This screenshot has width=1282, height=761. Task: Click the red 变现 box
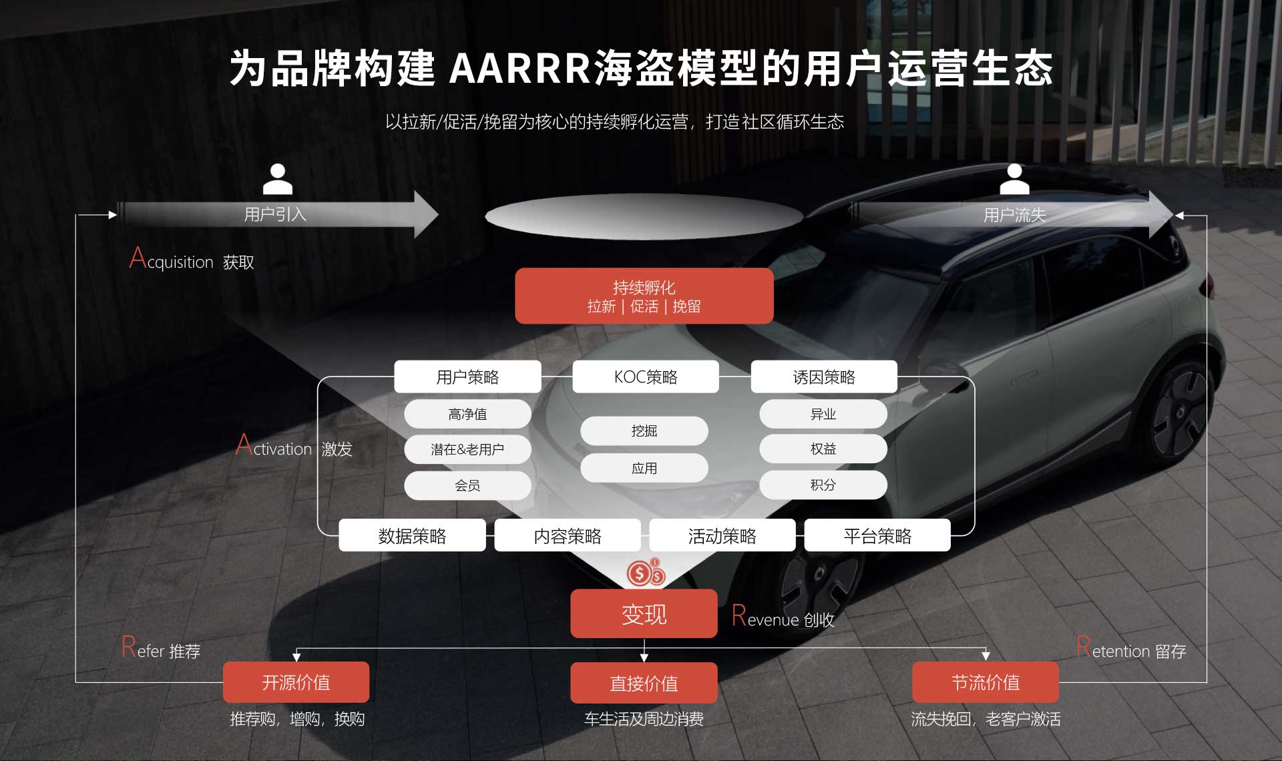click(x=644, y=613)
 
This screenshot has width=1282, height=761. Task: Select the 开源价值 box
click(x=296, y=682)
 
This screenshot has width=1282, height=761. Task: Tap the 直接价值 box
click(x=644, y=683)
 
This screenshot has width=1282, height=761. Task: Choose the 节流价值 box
click(x=985, y=682)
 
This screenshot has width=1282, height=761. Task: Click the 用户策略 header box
click(x=467, y=377)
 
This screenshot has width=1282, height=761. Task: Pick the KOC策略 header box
click(x=645, y=377)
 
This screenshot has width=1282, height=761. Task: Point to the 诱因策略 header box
click(x=823, y=377)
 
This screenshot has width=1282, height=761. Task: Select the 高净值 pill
click(x=467, y=414)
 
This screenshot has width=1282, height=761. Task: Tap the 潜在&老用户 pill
click(x=467, y=449)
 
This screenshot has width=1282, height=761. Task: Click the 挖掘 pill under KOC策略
click(x=644, y=431)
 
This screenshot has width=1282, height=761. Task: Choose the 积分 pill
click(x=823, y=485)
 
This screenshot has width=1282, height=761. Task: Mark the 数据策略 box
click(x=412, y=535)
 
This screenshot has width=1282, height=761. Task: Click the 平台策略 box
click(x=877, y=535)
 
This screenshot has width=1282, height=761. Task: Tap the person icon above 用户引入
click(x=278, y=179)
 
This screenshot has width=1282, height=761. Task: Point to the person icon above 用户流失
click(x=1014, y=179)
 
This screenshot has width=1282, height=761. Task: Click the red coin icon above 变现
click(x=645, y=572)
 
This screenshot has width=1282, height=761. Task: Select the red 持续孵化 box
click(x=644, y=296)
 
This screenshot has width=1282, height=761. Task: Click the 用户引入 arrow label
click(x=275, y=214)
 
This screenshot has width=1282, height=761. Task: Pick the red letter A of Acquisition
click(x=138, y=258)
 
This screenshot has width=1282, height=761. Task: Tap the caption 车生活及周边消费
click(x=644, y=719)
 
